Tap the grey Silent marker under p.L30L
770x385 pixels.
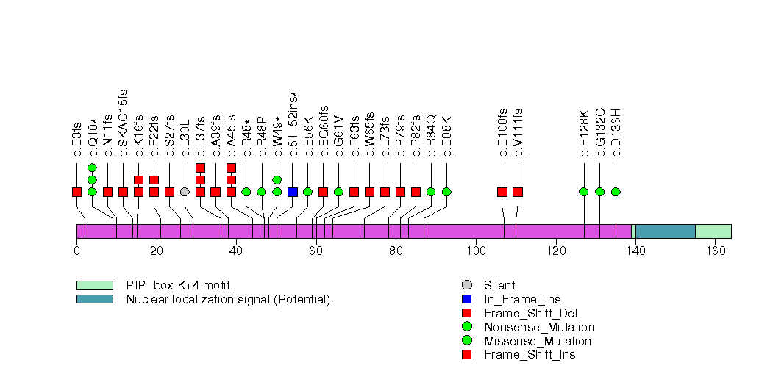point(185,192)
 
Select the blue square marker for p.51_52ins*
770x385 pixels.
point(293,192)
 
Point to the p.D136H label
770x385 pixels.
point(616,133)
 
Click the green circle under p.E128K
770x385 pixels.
point(584,192)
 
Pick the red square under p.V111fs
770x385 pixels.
point(518,192)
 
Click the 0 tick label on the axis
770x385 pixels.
point(76,251)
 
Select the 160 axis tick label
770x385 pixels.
point(715,251)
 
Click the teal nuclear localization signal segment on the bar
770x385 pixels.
point(665,231)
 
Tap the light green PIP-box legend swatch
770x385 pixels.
point(94,285)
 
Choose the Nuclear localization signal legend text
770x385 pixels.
point(230,299)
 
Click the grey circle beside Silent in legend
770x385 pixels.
point(466,285)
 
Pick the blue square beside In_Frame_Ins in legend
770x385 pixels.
point(466,299)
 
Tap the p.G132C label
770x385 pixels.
point(600,133)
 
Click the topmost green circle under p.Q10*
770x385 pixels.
point(92,168)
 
